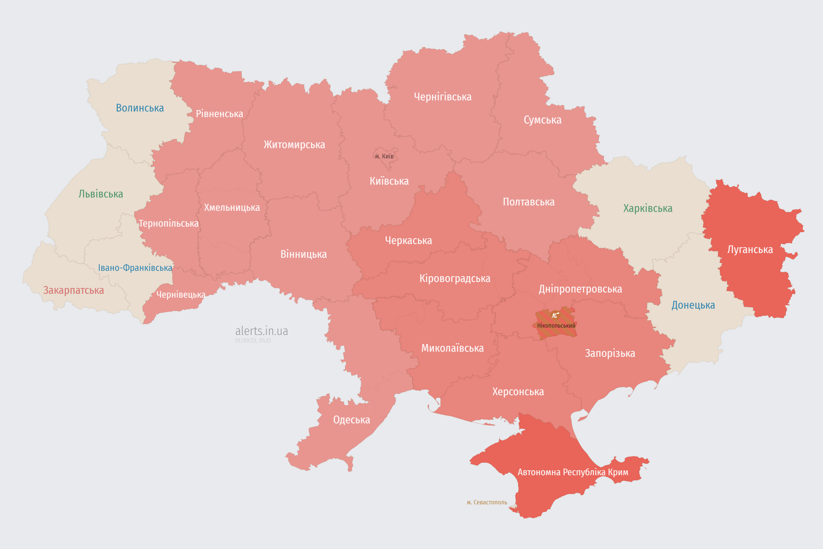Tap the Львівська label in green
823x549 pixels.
pyautogui.click(x=101, y=194)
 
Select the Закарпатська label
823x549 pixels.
pyautogui.click(x=74, y=290)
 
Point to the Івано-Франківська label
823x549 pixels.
pyautogui.click(x=135, y=268)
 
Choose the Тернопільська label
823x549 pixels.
pyautogui.click(x=169, y=223)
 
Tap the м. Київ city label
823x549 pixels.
pyautogui.click(x=384, y=156)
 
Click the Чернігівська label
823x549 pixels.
pyautogui.click(x=442, y=97)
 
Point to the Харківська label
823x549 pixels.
pyautogui.click(x=648, y=208)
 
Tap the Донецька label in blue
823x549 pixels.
pyautogui.click(x=693, y=305)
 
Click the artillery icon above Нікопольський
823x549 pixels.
pyautogui.click(x=555, y=315)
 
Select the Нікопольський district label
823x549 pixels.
pyautogui.click(x=556, y=326)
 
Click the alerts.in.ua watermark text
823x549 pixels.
pyautogui.click(x=261, y=331)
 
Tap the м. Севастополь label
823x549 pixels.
pyautogui.click(x=487, y=502)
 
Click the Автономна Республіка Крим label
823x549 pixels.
pyautogui.click(x=573, y=472)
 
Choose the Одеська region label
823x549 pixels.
pyautogui.click(x=351, y=420)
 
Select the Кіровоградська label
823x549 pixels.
pyautogui.click(x=455, y=279)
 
